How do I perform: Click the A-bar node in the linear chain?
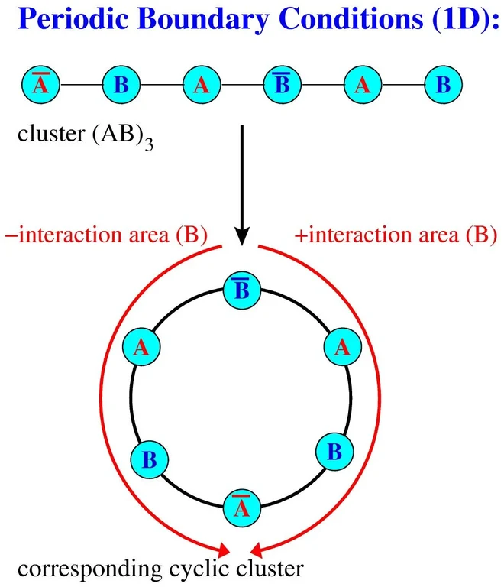pos(39,84)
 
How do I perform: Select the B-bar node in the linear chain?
pos(281,84)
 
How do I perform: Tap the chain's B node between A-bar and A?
pos(120,84)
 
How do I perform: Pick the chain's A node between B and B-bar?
pos(201,84)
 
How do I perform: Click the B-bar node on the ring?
pos(242,290)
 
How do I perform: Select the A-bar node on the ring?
pos(242,507)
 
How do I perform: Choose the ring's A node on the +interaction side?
pos(342,347)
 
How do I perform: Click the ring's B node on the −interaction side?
pos(149,460)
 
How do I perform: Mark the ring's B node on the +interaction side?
pos(334,450)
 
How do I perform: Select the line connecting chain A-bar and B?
pos(79,84)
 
